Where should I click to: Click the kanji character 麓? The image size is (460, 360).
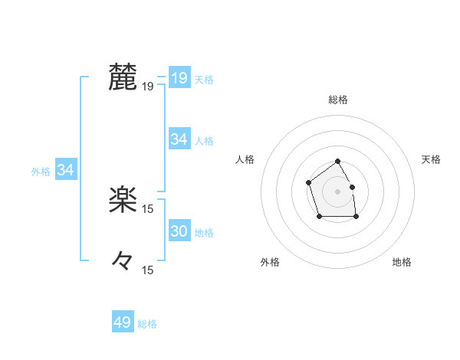coord(123,77)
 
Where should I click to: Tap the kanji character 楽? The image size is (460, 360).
coord(123,200)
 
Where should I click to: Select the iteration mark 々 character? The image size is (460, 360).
coord(123,260)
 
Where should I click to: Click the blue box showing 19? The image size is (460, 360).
coord(179,77)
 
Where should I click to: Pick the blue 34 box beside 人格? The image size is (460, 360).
coord(179,139)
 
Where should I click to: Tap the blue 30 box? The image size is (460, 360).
coord(179,231)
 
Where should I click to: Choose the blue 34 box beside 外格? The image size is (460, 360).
coord(66,170)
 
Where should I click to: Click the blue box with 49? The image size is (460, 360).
coord(123,322)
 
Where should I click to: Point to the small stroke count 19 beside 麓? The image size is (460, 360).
coord(148,87)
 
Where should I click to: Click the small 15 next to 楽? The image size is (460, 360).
coord(148,209)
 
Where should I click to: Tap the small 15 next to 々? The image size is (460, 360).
coord(148,270)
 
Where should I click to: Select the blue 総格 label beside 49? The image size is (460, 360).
coord(147,324)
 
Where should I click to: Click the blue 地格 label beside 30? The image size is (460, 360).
coord(204,232)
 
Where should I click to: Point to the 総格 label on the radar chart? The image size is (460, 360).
coord(338,100)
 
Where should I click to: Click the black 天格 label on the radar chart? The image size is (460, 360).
coord(432,159)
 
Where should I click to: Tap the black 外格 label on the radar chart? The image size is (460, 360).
coord(270,262)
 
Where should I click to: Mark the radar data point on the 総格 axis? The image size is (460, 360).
coord(338,162)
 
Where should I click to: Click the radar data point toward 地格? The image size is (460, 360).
coord(356,217)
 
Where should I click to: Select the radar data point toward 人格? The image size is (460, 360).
coord(308,182)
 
